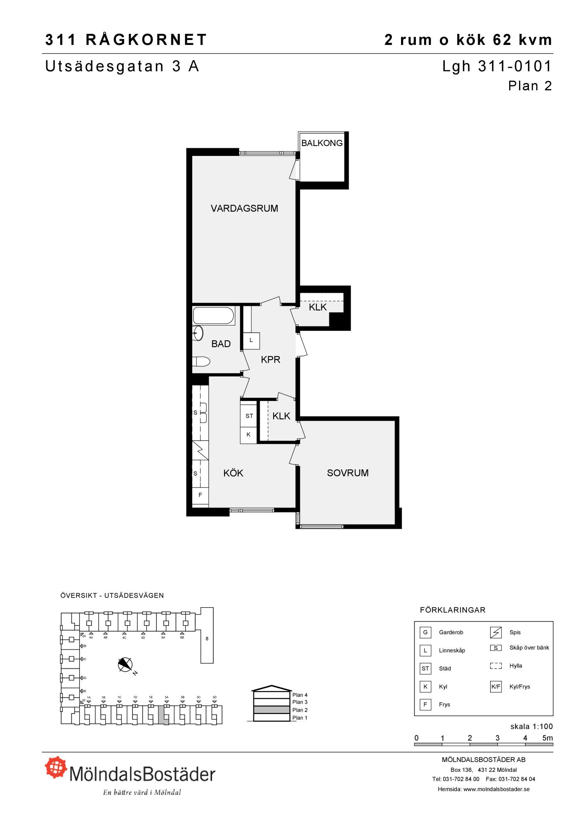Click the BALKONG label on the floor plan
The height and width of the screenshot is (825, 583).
tap(322, 143)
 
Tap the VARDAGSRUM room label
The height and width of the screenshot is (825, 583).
tap(244, 208)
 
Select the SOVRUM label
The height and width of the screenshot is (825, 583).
tap(348, 473)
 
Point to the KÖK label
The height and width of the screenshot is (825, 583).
tap(234, 473)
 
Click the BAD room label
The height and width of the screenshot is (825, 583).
tap(221, 344)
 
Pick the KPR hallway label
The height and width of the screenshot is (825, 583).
tap(271, 360)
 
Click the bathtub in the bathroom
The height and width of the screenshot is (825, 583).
tap(213, 316)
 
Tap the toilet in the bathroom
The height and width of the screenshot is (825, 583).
tap(201, 362)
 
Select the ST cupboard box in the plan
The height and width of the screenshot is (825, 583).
tap(249, 416)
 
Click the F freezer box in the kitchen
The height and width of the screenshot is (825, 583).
tap(201, 495)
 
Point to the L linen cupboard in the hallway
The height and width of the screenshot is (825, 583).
tap(251, 340)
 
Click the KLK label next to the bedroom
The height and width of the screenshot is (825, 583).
tap(281, 416)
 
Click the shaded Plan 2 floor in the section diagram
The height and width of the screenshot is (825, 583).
tap(271, 710)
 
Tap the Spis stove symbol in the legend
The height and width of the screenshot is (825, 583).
tap(496, 632)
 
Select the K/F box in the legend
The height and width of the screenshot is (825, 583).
tap(496, 687)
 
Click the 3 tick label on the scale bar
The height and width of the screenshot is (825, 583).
tap(498, 738)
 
